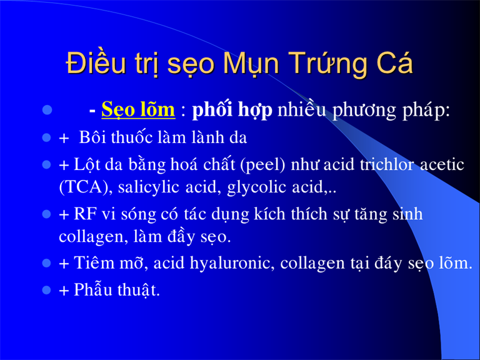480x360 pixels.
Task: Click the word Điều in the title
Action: [96, 62]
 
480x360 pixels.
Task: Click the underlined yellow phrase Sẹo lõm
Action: [138, 109]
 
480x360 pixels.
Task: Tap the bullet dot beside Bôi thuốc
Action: [46, 137]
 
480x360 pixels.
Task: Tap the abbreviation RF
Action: [85, 214]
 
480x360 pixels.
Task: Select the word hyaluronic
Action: [232, 263]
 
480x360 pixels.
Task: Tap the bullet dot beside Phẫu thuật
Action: [46, 289]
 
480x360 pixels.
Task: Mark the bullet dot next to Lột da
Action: [46, 164]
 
